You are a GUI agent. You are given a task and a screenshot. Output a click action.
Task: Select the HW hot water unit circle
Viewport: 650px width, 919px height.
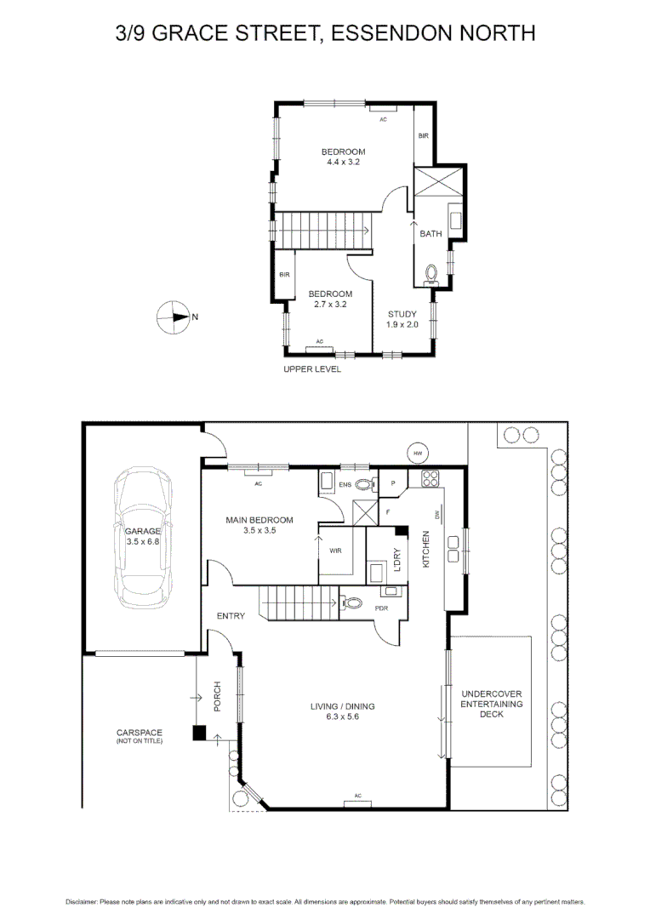[x=418, y=453]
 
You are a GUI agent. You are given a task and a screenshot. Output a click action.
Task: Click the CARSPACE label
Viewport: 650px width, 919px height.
[x=140, y=733]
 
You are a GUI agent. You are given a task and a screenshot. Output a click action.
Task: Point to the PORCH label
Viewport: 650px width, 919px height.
[x=217, y=697]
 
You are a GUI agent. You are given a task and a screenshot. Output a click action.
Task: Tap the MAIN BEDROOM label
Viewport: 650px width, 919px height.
[x=259, y=520]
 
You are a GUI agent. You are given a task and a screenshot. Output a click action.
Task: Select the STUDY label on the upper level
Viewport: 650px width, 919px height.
[x=402, y=314]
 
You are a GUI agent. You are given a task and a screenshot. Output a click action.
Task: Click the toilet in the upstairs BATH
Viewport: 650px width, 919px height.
[x=430, y=274]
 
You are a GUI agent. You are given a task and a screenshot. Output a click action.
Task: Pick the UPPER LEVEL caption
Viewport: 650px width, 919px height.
[x=312, y=369]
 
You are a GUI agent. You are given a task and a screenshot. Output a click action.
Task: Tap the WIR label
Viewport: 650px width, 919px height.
[x=335, y=551]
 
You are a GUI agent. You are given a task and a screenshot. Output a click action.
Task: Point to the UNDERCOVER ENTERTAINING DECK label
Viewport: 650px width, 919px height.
[x=492, y=704]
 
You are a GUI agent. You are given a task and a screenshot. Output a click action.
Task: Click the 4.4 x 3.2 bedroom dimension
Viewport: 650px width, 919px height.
[x=343, y=162]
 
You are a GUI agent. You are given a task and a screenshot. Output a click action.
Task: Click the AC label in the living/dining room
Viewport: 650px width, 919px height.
[x=358, y=796]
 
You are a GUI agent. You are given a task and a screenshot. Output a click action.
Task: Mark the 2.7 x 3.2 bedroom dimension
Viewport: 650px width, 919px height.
[x=330, y=304]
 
